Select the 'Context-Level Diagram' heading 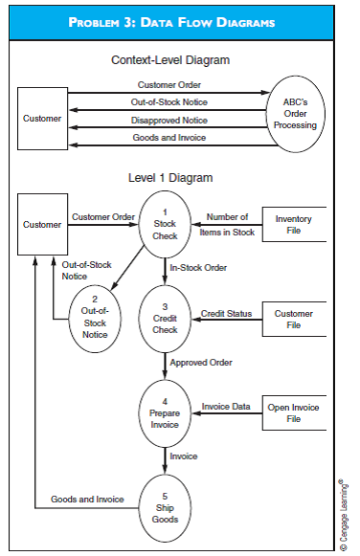pyautogui.click(x=170, y=59)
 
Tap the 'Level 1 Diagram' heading pyautogui.click(x=170, y=178)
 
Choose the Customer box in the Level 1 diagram pyautogui.click(x=42, y=224)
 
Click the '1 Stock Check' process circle pyautogui.click(x=165, y=224)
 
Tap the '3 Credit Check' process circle pyautogui.click(x=165, y=319)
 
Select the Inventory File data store pyautogui.click(x=293, y=224)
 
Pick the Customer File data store pyautogui.click(x=293, y=319)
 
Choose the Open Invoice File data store pyautogui.click(x=293, y=412)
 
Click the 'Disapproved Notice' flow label pyautogui.click(x=169, y=121)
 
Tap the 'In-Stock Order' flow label pyautogui.click(x=198, y=268)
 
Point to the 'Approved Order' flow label pyautogui.click(x=199, y=363)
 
